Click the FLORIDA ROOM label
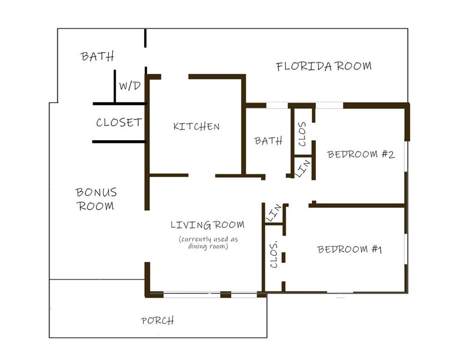(x=324, y=66)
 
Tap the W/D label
(x=130, y=86)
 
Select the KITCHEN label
(x=196, y=127)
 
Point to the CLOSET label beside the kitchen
(x=119, y=122)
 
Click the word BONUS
(x=96, y=192)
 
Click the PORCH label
(x=157, y=321)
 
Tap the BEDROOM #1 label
(x=349, y=249)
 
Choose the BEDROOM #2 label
(x=361, y=154)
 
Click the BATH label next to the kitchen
(x=268, y=141)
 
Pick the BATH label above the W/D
(x=97, y=56)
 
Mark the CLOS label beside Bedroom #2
(x=302, y=134)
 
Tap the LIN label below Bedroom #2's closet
(x=303, y=168)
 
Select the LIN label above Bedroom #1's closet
(x=274, y=213)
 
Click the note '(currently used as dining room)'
(x=208, y=242)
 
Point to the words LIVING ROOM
(x=207, y=225)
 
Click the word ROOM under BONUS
(x=96, y=206)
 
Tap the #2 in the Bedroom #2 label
(x=388, y=154)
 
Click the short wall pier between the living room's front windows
(x=226, y=294)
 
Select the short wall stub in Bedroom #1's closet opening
(x=283, y=257)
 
